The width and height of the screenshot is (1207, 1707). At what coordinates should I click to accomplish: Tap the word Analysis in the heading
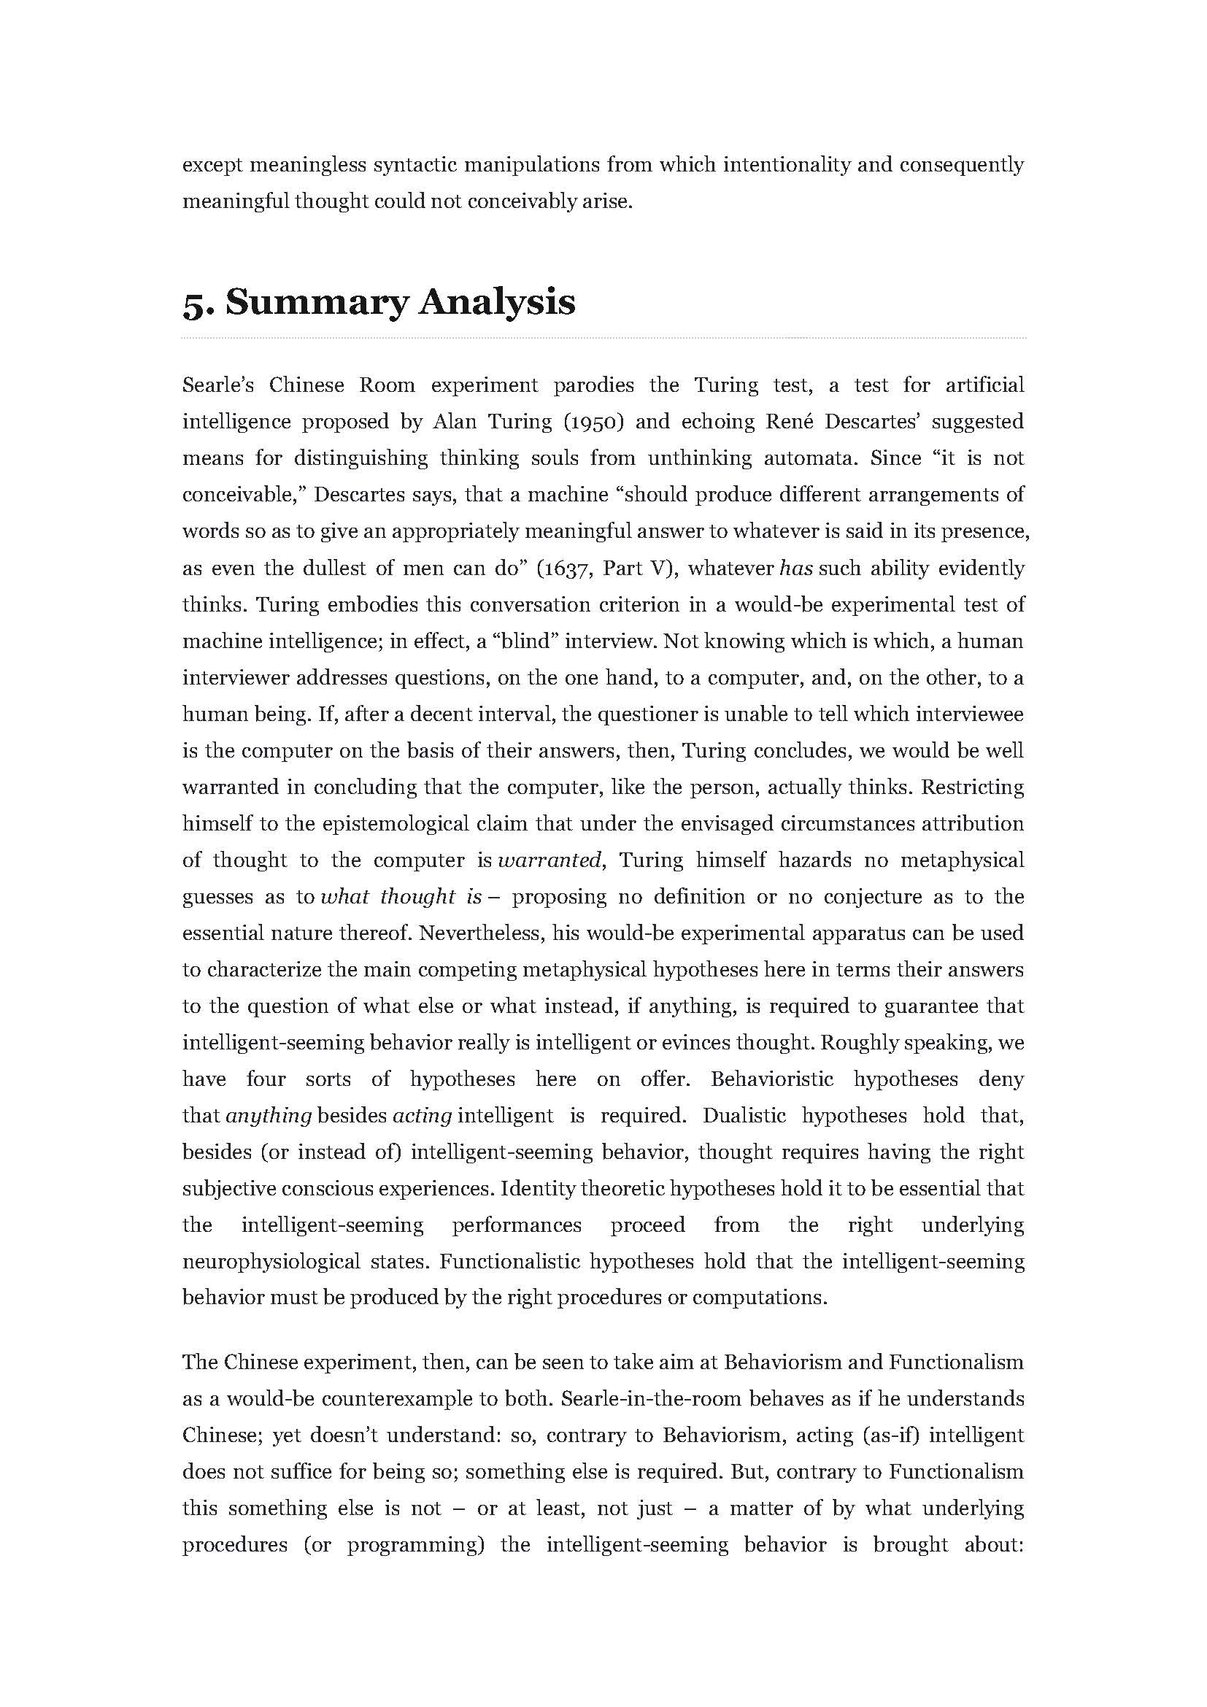coord(496,304)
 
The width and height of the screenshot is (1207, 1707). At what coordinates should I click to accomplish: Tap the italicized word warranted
coord(549,860)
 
